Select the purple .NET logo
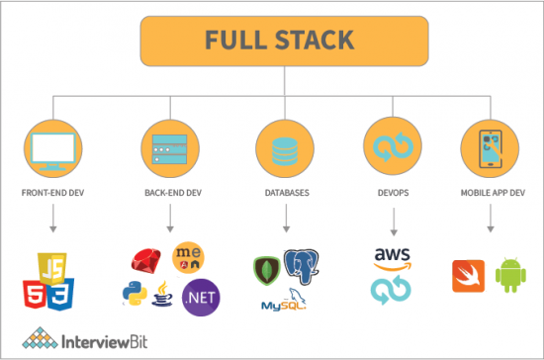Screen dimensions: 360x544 [x=203, y=295]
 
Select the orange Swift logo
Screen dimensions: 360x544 [x=468, y=277]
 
